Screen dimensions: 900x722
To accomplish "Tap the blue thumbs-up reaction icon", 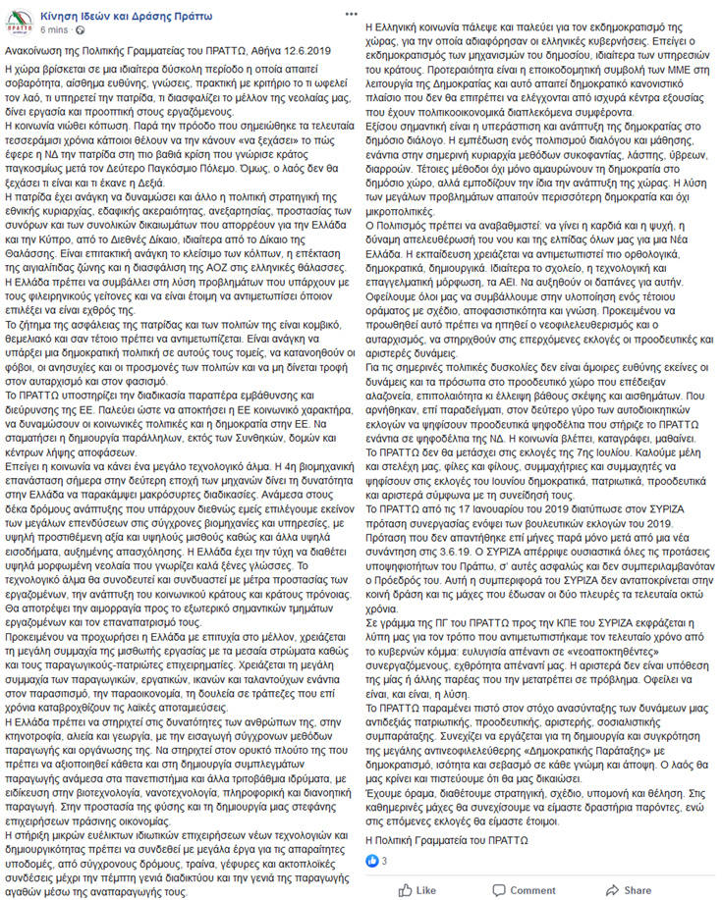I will (372, 861).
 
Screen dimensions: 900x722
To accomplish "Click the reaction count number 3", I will (384, 861).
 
